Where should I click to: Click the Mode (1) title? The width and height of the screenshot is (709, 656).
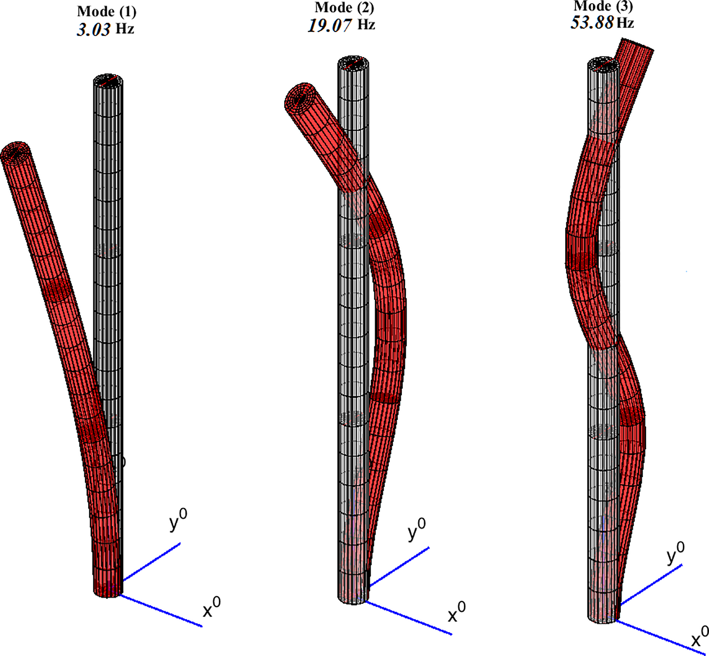(106, 12)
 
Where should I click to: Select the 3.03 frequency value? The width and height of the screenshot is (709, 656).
(94, 30)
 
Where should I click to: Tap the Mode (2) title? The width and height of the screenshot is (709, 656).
(344, 8)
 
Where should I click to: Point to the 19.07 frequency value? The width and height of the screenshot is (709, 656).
(330, 25)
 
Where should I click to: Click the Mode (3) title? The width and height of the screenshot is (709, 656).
(603, 6)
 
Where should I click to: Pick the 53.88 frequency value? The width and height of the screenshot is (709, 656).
(592, 22)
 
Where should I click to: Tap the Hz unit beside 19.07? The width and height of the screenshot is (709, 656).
(366, 24)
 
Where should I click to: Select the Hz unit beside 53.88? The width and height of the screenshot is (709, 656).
(625, 22)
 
